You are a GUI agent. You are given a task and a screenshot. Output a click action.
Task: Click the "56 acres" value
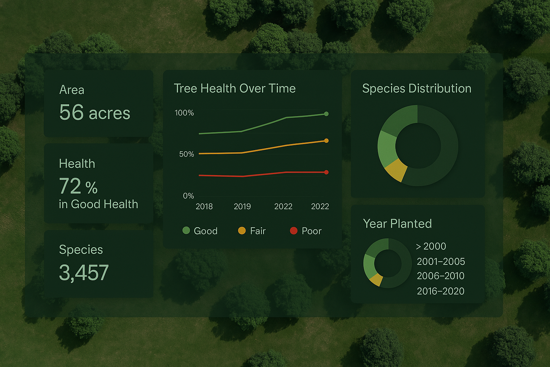tap(95, 112)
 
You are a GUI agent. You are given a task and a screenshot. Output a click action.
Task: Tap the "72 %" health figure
tap(78, 186)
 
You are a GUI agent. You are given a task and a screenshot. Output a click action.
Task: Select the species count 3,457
tap(84, 273)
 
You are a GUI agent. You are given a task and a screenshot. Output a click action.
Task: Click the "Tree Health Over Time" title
tap(235, 88)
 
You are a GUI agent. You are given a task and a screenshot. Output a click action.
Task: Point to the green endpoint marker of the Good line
tap(326, 114)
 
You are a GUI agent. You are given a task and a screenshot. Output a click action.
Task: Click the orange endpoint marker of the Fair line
tap(326, 140)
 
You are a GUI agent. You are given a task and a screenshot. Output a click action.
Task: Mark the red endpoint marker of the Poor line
tap(326, 172)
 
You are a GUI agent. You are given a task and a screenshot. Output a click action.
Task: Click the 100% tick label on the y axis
tap(184, 113)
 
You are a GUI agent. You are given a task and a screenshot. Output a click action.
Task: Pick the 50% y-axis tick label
tap(187, 154)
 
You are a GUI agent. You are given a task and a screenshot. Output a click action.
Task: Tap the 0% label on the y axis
tap(188, 196)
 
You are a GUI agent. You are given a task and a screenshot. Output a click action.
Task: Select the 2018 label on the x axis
tap(204, 206)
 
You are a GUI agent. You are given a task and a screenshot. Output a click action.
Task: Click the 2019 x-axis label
tap(242, 206)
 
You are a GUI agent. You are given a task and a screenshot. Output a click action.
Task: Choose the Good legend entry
tap(200, 231)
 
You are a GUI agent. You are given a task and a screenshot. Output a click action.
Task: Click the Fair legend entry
tap(252, 231)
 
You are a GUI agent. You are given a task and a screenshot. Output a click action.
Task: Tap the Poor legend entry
tap(306, 231)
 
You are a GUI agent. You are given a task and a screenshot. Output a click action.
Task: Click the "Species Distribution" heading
tap(417, 89)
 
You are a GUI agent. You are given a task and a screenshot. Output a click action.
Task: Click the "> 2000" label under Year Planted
tap(431, 246)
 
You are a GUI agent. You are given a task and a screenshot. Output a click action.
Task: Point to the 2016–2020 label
tap(441, 291)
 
